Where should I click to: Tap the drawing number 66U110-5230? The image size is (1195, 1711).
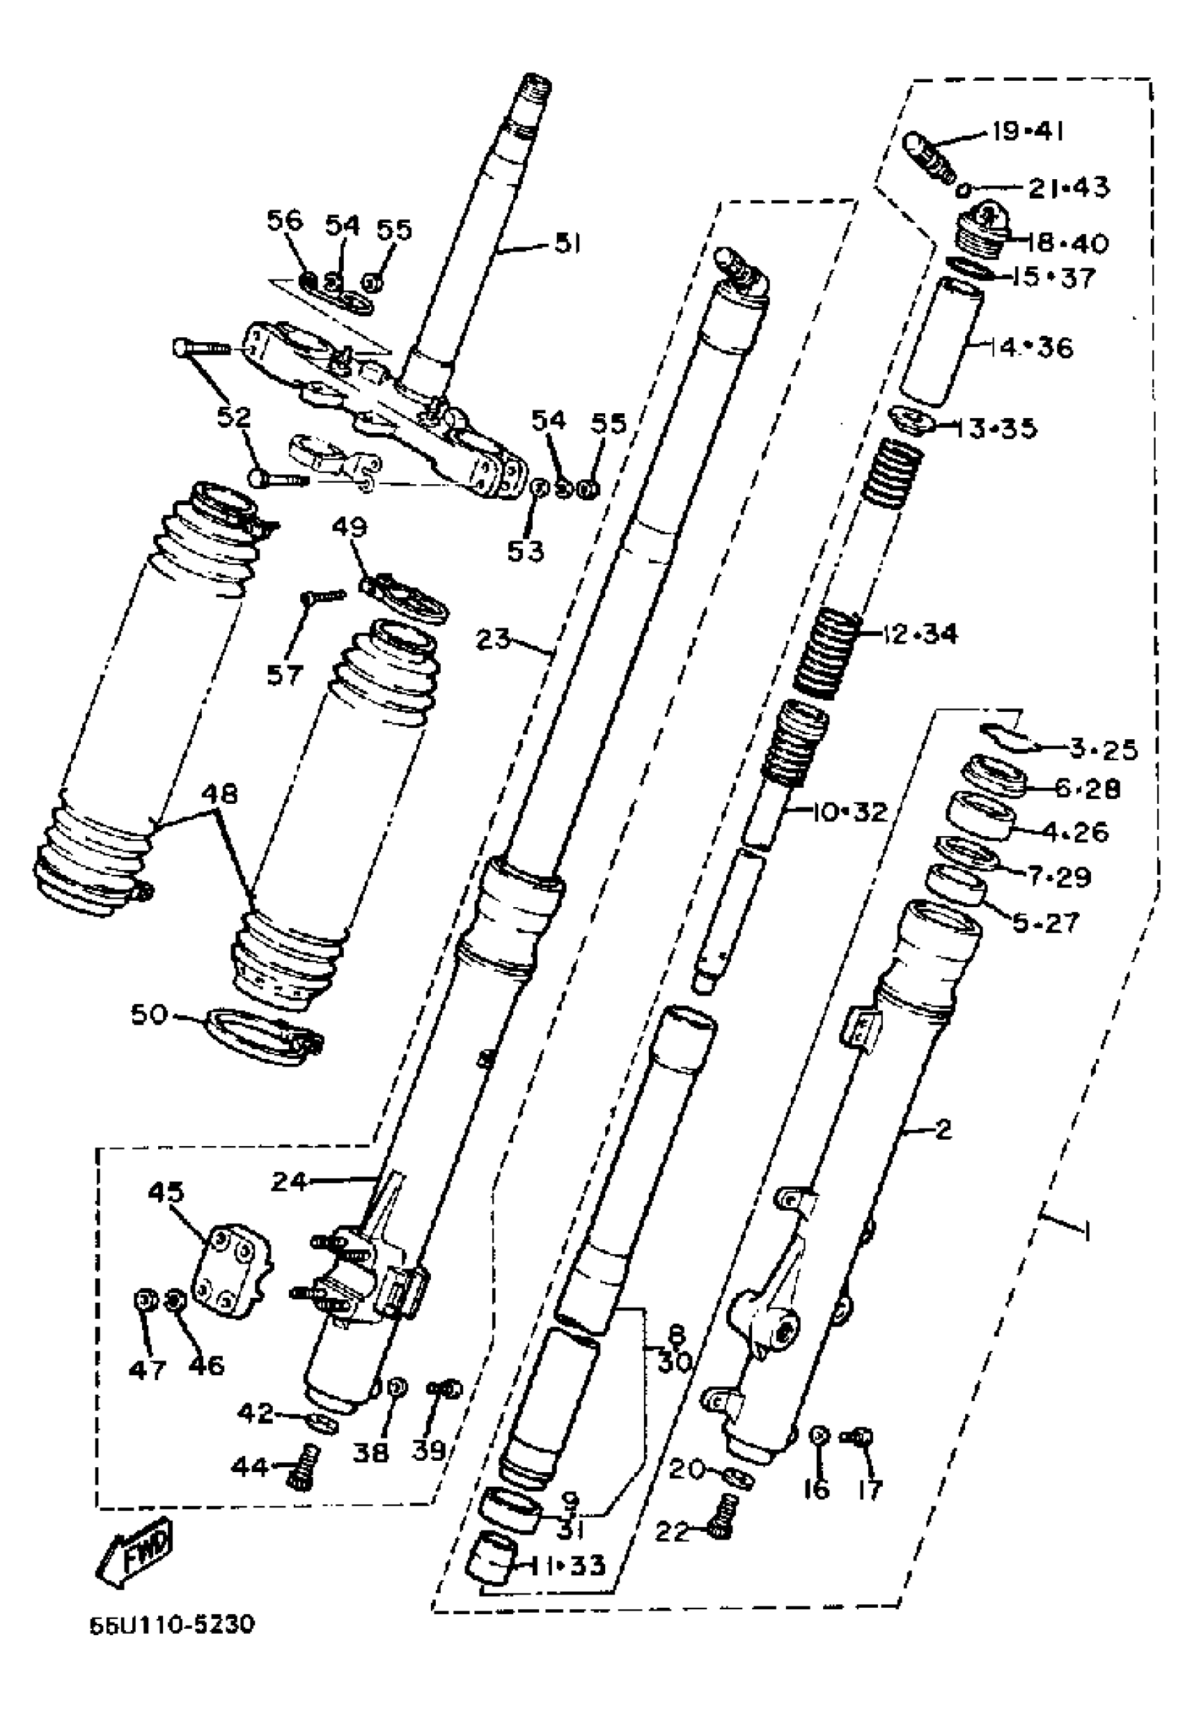(172, 1645)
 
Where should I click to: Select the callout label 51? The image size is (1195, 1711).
(568, 244)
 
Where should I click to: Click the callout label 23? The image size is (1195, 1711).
(493, 639)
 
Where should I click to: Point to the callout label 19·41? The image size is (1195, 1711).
(1026, 132)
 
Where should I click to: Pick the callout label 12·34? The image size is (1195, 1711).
(919, 635)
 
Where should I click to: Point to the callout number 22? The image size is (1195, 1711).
(673, 1532)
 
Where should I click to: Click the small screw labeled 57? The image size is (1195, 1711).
(322, 594)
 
